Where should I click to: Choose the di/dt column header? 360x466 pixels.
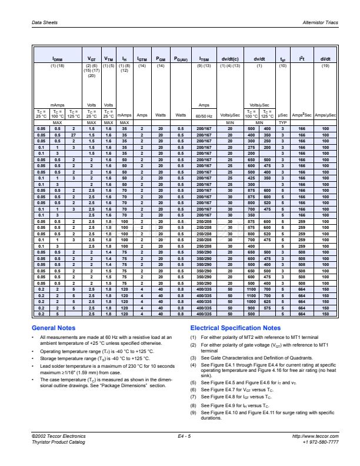(324, 59)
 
